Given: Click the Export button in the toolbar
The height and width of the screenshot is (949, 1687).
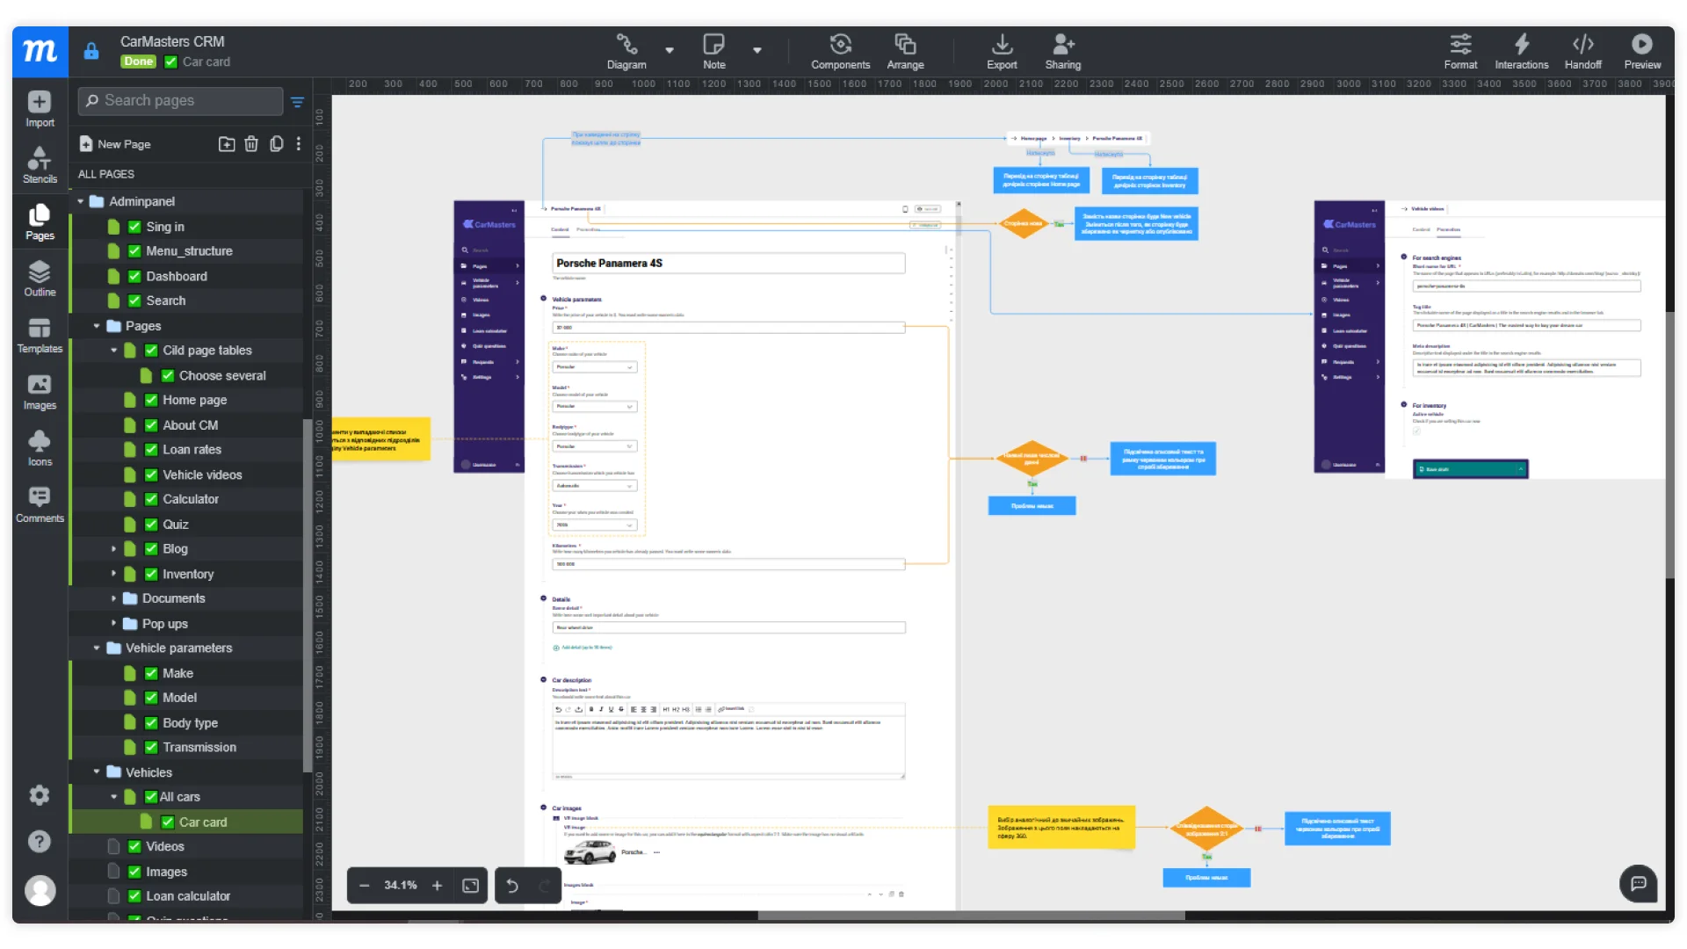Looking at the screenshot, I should tap(1002, 51).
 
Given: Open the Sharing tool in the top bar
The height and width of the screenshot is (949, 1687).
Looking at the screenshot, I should tap(1063, 51).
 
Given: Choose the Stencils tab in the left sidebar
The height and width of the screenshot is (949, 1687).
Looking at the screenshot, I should tap(40, 164).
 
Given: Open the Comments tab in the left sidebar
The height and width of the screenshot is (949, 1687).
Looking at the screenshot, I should tap(40, 504).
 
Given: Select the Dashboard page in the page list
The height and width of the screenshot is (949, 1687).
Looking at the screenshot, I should tap(177, 276).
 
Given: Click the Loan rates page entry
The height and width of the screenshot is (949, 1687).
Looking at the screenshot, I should tap(192, 449).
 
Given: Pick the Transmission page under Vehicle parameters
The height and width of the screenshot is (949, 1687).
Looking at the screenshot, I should tap(199, 747).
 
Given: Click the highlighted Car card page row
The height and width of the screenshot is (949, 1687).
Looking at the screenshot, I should tap(203, 822).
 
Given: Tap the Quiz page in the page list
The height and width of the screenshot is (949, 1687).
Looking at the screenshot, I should tap(176, 524).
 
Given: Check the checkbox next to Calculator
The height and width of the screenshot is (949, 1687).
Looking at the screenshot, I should tap(151, 499).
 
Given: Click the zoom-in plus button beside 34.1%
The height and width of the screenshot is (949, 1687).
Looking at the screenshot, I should tap(437, 885).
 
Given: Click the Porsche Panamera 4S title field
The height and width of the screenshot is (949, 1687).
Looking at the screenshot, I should tap(728, 263).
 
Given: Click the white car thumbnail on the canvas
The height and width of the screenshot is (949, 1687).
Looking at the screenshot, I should tap(590, 851).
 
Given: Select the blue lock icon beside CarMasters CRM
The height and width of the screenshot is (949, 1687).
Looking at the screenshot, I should tap(91, 51).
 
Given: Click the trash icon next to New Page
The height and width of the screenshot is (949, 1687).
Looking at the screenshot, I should tap(251, 144).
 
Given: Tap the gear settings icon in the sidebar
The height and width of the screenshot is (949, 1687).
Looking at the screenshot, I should tap(40, 795).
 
